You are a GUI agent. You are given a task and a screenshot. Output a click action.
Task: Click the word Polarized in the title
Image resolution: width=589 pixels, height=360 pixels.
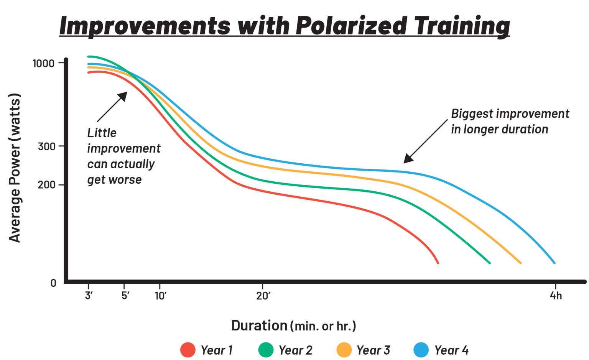click(350, 26)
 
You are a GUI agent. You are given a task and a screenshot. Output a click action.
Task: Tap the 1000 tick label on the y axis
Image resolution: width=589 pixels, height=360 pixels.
click(44, 63)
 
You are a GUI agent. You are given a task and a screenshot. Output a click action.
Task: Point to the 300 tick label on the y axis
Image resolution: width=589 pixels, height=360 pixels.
click(47, 146)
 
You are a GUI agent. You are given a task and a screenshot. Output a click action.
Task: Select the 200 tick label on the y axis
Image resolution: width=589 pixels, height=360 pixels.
click(47, 185)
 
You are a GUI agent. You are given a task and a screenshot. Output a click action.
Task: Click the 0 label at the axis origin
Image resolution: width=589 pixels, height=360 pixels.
click(53, 283)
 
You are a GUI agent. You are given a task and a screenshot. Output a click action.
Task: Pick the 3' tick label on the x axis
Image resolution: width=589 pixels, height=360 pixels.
click(89, 296)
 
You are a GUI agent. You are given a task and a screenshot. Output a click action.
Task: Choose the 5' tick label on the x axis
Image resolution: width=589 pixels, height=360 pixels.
click(125, 296)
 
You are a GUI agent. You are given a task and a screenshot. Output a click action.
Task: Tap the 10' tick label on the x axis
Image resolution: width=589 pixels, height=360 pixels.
click(160, 296)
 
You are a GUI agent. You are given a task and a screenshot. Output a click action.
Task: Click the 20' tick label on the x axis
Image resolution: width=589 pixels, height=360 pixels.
click(263, 296)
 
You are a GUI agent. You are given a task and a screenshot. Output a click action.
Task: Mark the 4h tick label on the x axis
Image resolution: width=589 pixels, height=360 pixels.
click(556, 296)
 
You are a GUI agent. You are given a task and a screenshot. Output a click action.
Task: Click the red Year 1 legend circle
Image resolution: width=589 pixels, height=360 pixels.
click(188, 350)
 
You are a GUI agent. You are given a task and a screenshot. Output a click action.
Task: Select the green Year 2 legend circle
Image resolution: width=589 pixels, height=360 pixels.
click(266, 350)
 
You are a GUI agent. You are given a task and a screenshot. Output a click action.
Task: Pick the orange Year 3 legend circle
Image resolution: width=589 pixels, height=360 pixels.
click(344, 350)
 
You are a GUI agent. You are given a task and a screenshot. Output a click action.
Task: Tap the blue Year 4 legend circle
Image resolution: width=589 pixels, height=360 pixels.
click(421, 350)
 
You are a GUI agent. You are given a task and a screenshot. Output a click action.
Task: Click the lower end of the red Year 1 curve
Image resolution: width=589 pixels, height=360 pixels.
click(438, 263)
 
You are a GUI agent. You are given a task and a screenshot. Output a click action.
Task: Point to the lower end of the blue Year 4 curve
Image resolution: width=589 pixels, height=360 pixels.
click(554, 263)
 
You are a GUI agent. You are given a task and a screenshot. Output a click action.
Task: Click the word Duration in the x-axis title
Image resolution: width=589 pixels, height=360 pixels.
click(259, 325)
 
